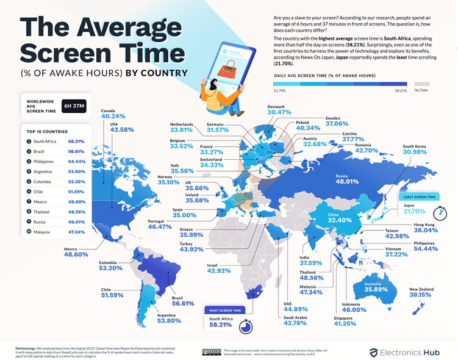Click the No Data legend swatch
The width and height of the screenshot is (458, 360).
[421, 84]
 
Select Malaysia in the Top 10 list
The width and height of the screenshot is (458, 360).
[42, 232]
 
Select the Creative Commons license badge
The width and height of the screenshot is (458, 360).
[213, 351]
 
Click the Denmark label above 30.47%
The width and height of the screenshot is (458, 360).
[276, 106]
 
